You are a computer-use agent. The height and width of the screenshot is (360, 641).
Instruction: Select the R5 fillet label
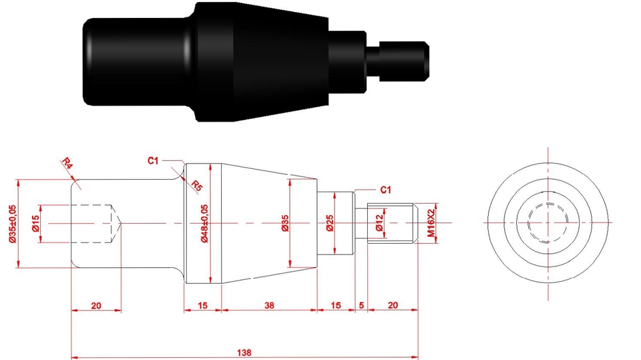[196, 186]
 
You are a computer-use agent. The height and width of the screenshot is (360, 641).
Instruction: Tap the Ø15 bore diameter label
[35, 223]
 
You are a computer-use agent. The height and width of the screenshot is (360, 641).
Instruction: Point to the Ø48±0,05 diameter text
[205, 223]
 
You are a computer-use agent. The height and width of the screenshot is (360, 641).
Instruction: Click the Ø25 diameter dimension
[330, 223]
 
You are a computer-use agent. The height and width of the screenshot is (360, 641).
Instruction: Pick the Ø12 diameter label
[380, 222]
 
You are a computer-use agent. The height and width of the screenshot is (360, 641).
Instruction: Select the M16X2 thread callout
[431, 223]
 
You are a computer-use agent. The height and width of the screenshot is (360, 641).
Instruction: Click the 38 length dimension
[269, 305]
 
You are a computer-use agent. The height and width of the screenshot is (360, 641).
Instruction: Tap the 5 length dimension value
[361, 305]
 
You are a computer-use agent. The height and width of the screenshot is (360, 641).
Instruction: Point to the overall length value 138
[244, 352]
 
